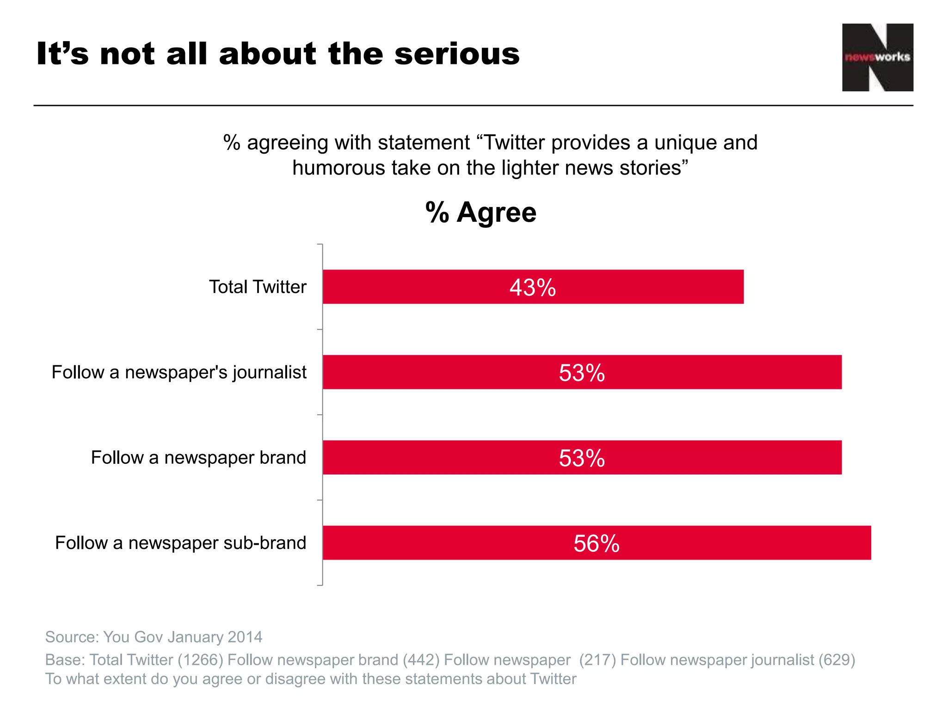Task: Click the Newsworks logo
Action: click(x=877, y=57)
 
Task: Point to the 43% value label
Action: click(x=533, y=287)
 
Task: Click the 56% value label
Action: click(x=596, y=543)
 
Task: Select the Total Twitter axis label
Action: click(x=258, y=287)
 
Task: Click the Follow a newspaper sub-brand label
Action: click(x=180, y=543)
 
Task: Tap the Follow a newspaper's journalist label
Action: click(x=179, y=372)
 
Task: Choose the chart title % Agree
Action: click(x=481, y=212)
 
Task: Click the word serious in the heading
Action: click(x=457, y=54)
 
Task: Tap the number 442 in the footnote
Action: click(x=421, y=660)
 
